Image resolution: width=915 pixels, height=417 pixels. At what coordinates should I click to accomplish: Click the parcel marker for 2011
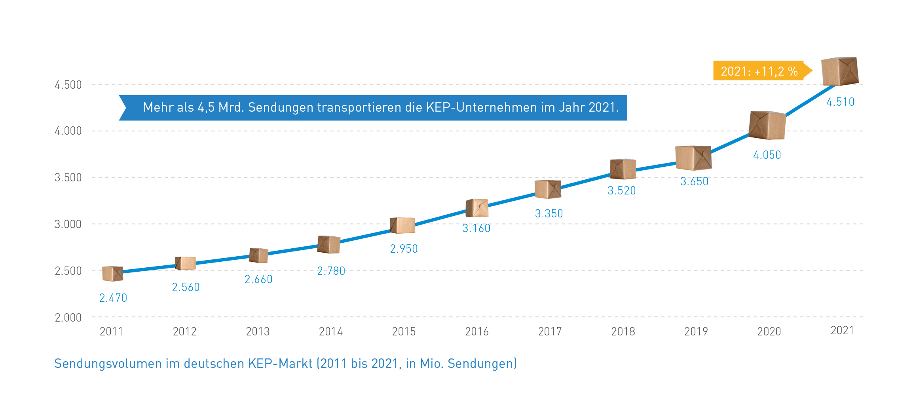click(113, 274)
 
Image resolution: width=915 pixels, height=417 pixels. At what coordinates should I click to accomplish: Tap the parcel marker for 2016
click(477, 208)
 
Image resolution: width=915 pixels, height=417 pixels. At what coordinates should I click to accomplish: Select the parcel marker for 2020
click(767, 125)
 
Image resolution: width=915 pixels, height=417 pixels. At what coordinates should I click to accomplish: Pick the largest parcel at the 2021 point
click(840, 71)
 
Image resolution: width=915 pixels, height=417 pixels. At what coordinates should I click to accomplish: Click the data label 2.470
click(113, 298)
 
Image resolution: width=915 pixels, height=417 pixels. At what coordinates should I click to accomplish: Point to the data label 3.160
click(476, 228)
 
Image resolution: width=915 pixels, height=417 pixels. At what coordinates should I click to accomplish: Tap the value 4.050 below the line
click(767, 155)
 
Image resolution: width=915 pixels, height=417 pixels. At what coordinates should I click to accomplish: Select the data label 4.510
click(840, 102)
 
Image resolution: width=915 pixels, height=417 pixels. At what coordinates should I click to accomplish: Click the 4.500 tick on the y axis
click(68, 85)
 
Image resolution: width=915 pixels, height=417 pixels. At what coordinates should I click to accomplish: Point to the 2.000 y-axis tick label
click(68, 318)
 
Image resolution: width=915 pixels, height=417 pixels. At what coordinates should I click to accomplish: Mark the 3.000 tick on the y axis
click(68, 224)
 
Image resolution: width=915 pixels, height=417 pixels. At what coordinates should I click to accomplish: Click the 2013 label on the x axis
click(258, 331)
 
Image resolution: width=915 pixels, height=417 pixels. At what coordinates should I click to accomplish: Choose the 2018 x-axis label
click(623, 331)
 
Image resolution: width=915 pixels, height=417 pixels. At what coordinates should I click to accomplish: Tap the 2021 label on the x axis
click(842, 330)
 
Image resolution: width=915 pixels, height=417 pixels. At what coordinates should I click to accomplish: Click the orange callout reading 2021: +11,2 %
click(759, 71)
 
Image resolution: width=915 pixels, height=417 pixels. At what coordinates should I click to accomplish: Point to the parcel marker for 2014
click(329, 244)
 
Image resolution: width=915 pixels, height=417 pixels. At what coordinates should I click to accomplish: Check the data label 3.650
click(694, 181)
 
